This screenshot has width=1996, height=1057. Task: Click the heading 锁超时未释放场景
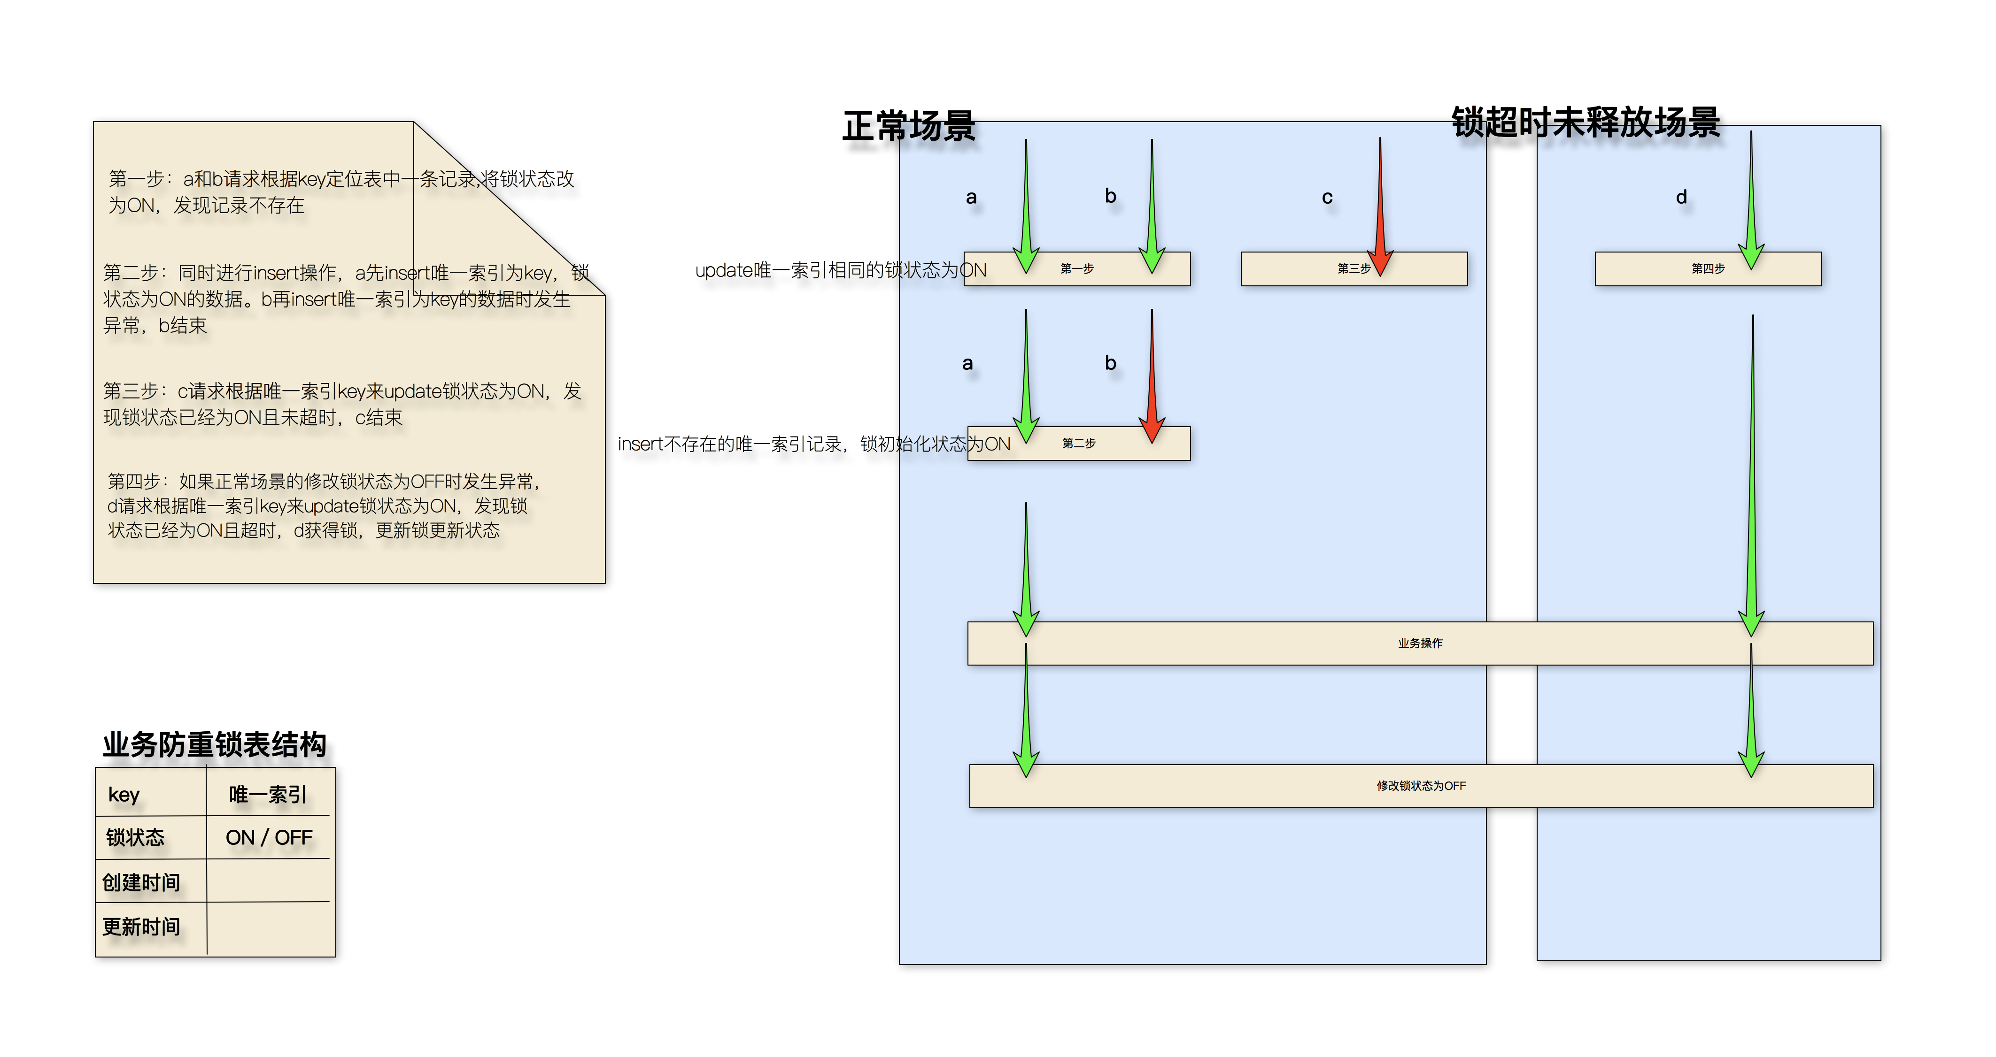(x=1586, y=123)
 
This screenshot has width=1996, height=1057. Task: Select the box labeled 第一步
(x=1077, y=268)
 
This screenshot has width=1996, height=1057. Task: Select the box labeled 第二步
(x=1079, y=444)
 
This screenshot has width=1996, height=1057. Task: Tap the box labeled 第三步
(x=1353, y=268)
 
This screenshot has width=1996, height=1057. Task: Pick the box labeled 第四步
(x=1707, y=268)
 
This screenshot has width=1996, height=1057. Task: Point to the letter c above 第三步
(x=1327, y=198)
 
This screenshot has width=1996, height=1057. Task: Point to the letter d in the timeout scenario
(x=1681, y=198)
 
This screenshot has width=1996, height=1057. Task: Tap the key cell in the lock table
(x=124, y=795)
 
